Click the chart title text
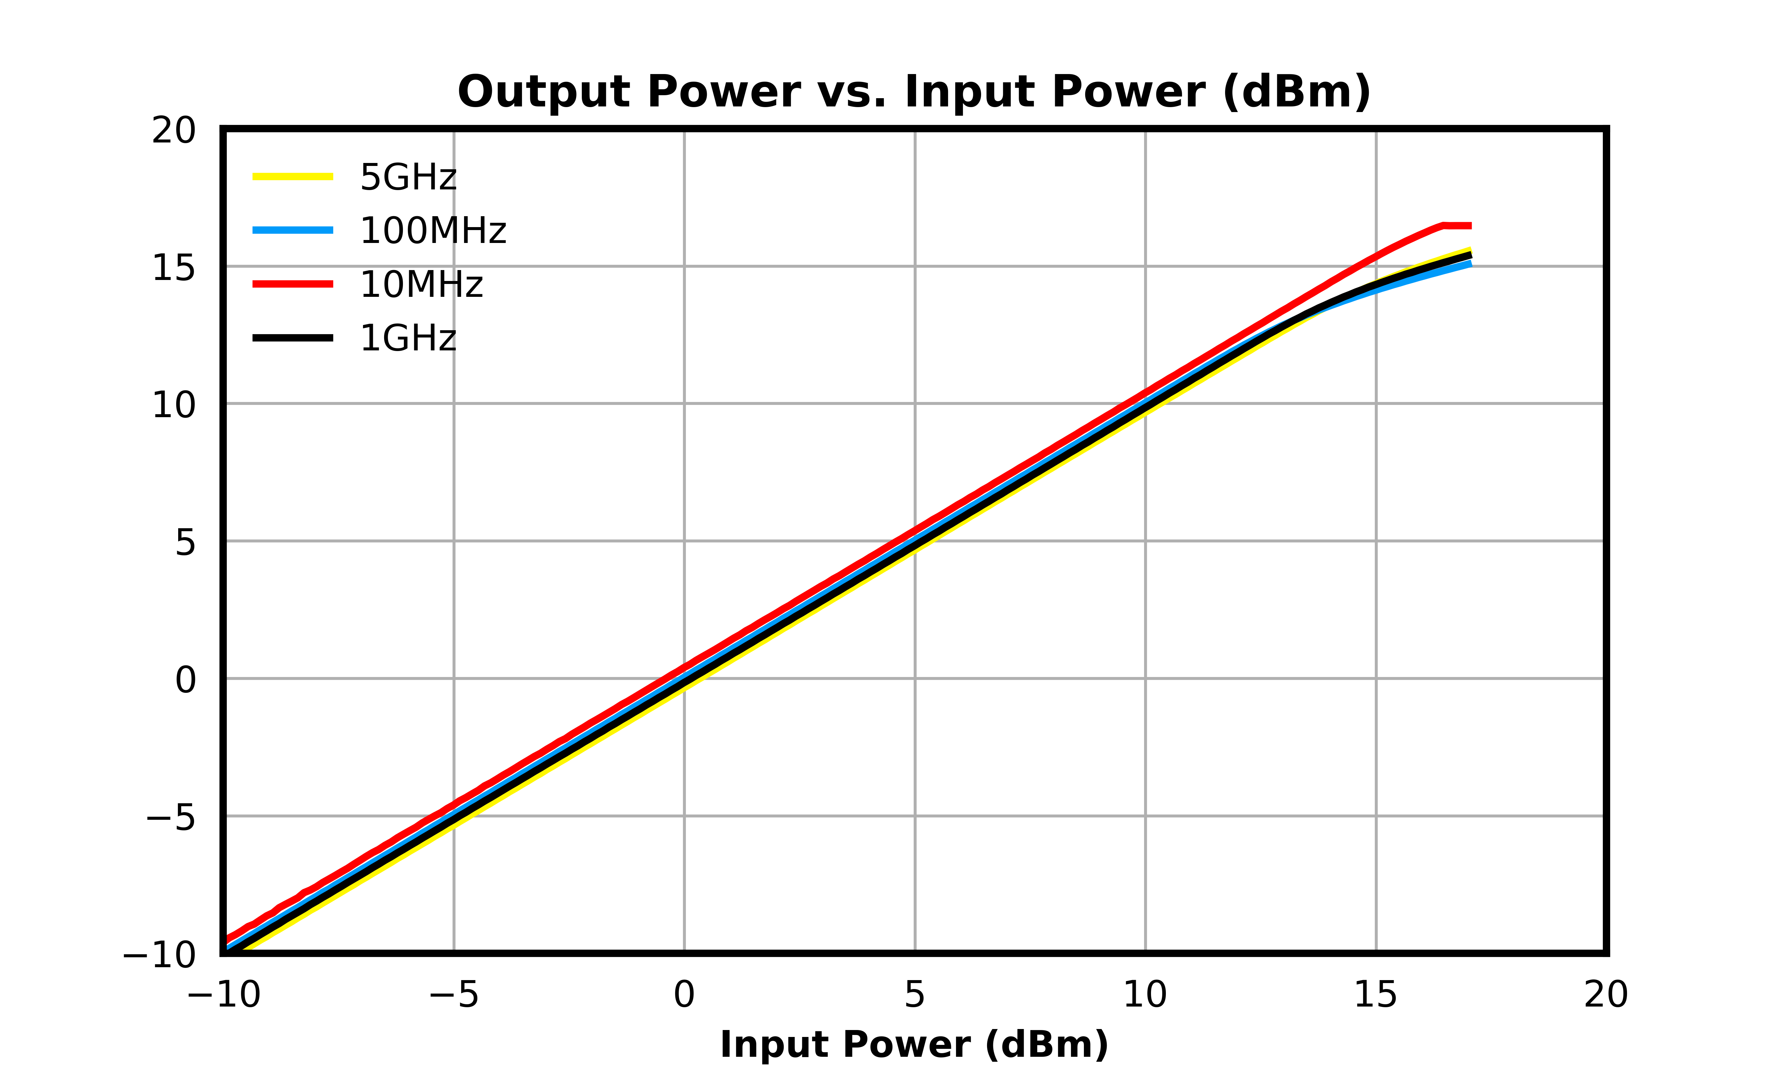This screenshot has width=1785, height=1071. [x=914, y=92]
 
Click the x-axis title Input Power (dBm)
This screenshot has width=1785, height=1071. [x=914, y=1045]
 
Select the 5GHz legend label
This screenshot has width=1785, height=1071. [x=408, y=178]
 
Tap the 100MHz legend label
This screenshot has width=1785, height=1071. [x=433, y=231]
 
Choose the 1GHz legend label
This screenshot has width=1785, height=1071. [x=408, y=338]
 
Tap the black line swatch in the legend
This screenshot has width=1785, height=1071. [x=293, y=338]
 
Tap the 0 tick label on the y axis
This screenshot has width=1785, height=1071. [x=185, y=681]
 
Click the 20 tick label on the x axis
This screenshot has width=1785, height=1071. [x=1606, y=995]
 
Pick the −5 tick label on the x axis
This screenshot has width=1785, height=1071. [x=454, y=995]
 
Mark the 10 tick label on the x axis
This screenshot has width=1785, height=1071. [x=1145, y=995]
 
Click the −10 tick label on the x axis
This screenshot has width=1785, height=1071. [x=224, y=995]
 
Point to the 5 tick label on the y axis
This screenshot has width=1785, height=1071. [x=185, y=543]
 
